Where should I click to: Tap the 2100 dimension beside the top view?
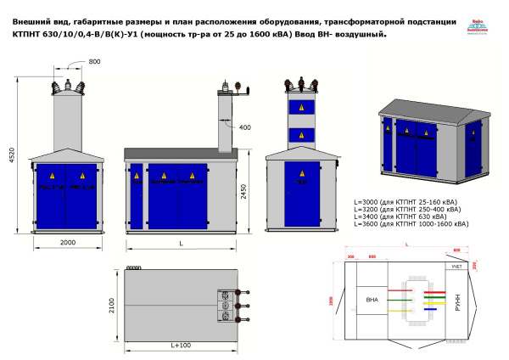click(x=114, y=306)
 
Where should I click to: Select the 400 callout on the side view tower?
click(x=244, y=128)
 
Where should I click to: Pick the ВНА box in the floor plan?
click(x=372, y=300)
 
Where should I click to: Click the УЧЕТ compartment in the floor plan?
click(x=456, y=267)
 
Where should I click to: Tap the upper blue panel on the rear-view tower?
click(x=299, y=109)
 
